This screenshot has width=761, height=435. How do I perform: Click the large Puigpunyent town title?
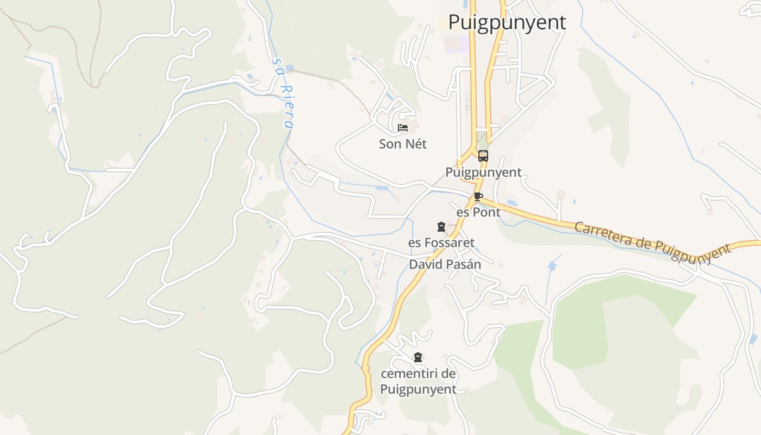[507, 22]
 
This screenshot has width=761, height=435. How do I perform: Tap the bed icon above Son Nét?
[403, 128]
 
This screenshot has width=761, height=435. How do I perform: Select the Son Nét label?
[403, 144]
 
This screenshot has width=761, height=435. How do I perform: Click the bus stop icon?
[483, 157]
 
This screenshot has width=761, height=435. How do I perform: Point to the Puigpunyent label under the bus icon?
[483, 172]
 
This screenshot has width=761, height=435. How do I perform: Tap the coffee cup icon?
[478, 196]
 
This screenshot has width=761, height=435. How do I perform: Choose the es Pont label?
[478, 212]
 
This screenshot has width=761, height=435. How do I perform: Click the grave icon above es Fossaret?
[441, 227]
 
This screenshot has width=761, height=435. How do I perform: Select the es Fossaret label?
[441, 243]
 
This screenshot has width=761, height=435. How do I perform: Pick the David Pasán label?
[445, 265]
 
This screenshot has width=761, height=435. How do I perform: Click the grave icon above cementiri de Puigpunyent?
[417, 358]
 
